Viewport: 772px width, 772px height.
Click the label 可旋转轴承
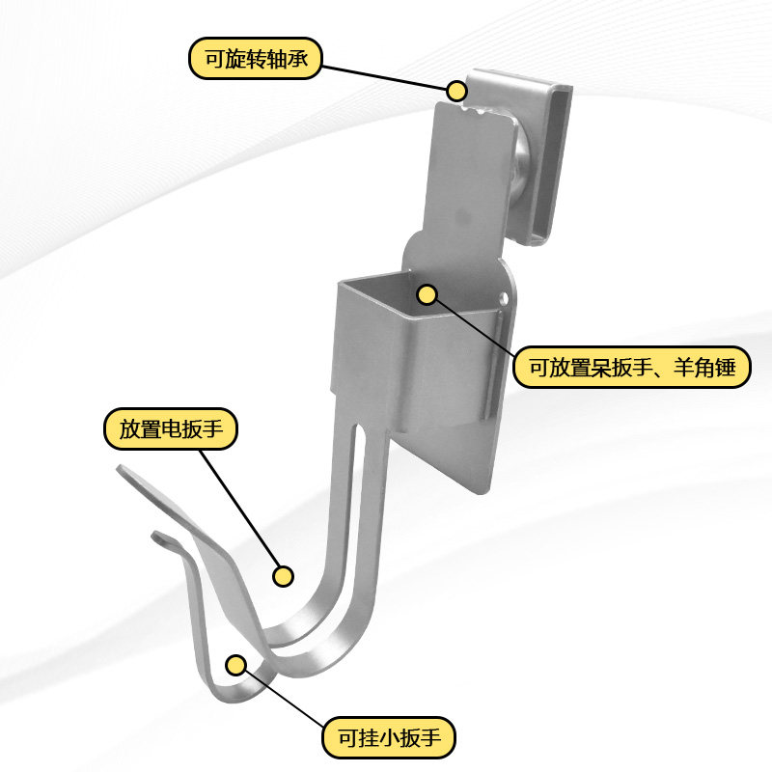[254, 58]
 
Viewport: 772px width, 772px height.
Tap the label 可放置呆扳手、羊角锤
[631, 367]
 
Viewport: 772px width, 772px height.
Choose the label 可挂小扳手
[388, 738]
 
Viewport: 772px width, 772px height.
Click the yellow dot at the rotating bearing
[456, 90]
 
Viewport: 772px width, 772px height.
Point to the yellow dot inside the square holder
[427, 293]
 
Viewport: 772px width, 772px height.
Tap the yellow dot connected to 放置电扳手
[283, 576]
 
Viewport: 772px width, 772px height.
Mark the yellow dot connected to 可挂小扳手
[235, 664]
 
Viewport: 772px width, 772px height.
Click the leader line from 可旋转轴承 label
[386, 76]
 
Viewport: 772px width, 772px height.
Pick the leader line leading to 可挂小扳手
[289, 695]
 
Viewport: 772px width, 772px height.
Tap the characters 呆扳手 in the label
[607, 367]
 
